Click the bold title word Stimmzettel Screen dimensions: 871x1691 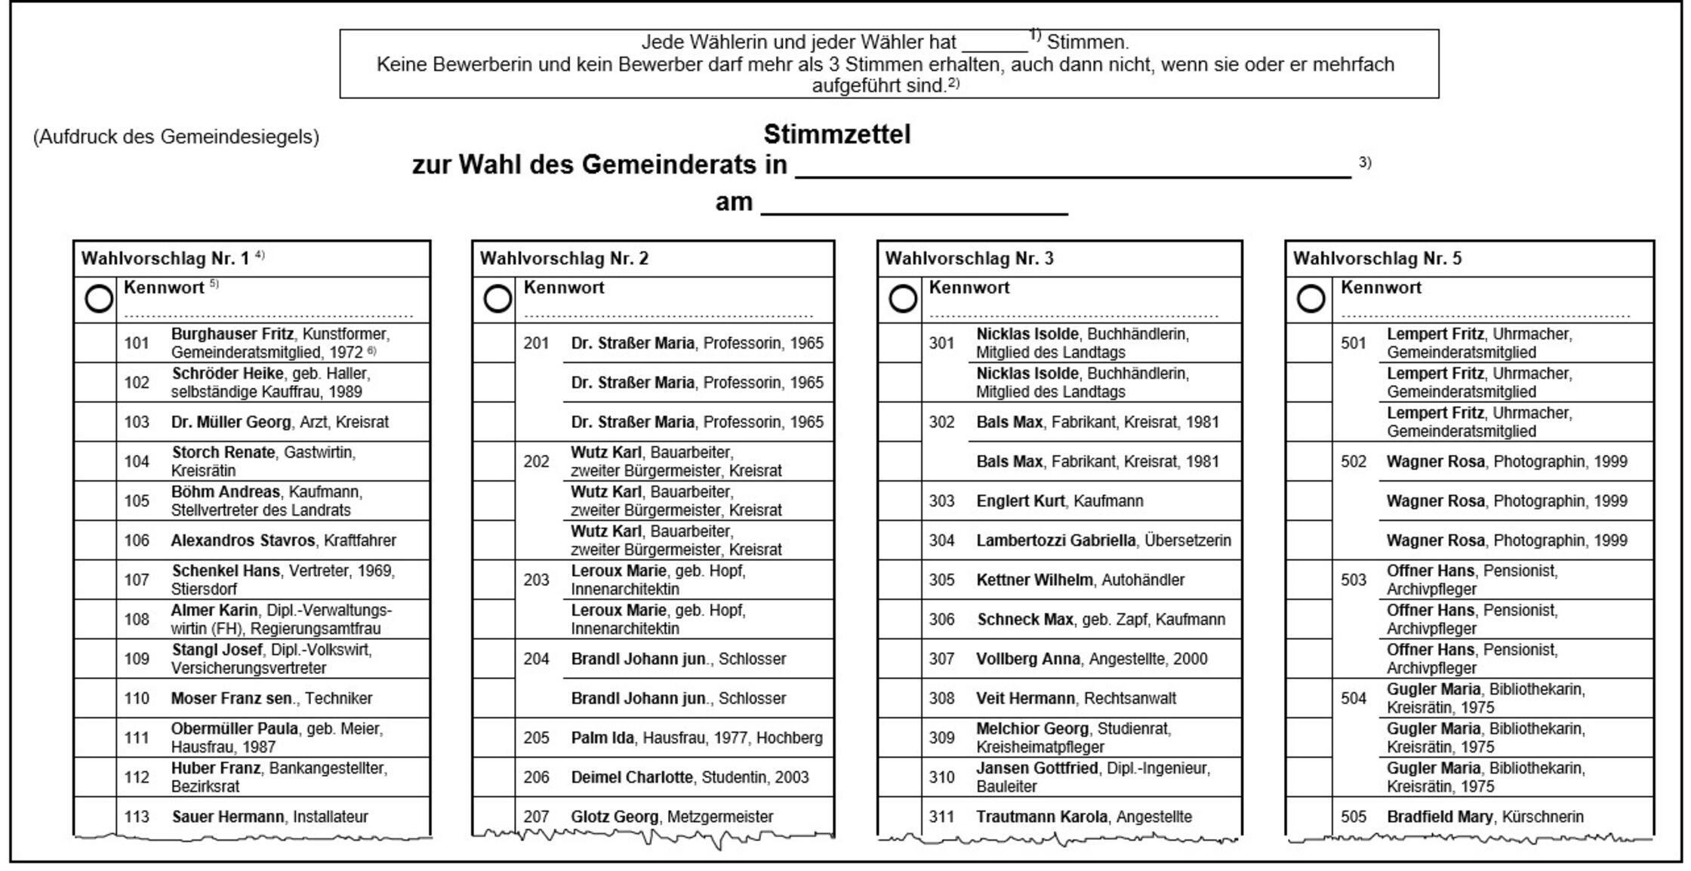pyautogui.click(x=836, y=134)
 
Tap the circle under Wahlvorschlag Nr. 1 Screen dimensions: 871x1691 pyautogui.click(x=99, y=299)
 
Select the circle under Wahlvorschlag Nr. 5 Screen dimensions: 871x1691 pyautogui.click(x=1311, y=299)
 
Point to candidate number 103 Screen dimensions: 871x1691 pyautogui.click(x=137, y=422)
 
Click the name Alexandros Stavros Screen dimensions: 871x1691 pyautogui.click(x=242, y=540)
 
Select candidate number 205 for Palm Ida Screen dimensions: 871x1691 pyautogui.click(x=536, y=737)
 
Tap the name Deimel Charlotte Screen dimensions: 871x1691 pyautogui.click(x=632, y=777)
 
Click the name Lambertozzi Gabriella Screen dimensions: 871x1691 pyautogui.click(x=1055, y=540)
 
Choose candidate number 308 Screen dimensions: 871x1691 pyautogui.click(x=941, y=698)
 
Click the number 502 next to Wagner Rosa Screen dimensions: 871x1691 pyautogui.click(x=1354, y=461)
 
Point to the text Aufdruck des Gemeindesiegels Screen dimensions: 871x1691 pyautogui.click(x=176, y=137)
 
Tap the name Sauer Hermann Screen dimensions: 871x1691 pyautogui.click(x=228, y=817)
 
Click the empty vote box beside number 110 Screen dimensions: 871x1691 pyautogui.click(x=95, y=698)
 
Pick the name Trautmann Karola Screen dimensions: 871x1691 pyautogui.click(x=1041, y=817)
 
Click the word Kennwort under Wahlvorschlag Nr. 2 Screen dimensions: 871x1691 pyautogui.click(x=563, y=288)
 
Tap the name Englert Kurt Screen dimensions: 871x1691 pyautogui.click(x=1020, y=501)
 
